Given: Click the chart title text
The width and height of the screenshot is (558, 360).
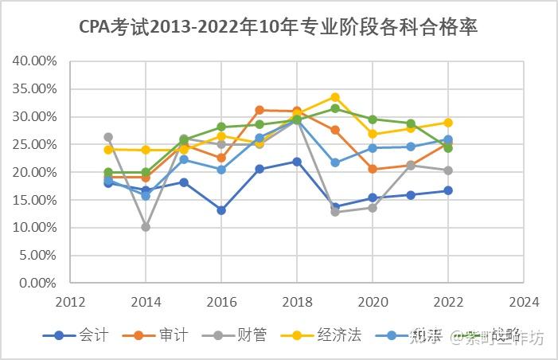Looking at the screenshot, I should [279, 27].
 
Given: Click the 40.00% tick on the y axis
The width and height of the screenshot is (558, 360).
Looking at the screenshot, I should [35, 61].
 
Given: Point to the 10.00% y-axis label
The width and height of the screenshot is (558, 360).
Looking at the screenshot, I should [35, 228].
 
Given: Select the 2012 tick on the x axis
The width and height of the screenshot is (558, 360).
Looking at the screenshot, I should [70, 303].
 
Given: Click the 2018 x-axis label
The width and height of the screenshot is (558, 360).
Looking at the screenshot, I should [297, 303].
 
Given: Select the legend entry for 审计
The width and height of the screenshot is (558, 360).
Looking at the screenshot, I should [155, 336].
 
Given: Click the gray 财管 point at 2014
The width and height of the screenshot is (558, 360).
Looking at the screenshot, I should [146, 227].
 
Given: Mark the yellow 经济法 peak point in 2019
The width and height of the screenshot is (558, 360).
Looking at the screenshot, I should [334, 97].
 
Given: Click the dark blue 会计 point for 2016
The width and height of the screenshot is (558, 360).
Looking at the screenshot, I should [221, 210].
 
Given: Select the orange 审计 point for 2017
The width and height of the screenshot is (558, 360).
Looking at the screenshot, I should [259, 110].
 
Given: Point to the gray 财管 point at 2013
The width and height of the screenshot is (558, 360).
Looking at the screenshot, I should [108, 137].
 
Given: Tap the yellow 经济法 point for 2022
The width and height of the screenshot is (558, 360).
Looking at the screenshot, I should [447, 123].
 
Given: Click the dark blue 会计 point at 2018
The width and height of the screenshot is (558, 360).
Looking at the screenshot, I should [297, 162].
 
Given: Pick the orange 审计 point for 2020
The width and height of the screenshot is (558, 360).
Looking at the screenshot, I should [373, 169].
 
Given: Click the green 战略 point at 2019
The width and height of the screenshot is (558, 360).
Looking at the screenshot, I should [334, 108].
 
